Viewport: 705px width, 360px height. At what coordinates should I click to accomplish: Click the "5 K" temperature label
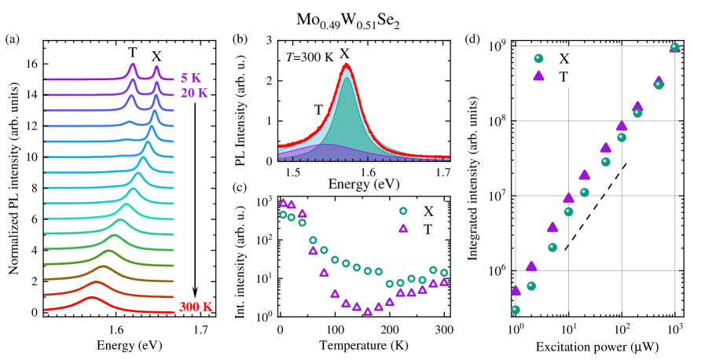[190, 79]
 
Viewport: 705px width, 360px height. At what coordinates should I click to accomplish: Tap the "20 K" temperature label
[194, 93]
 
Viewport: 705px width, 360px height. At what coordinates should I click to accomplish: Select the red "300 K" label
[196, 307]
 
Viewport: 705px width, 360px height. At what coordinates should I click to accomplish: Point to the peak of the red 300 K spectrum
[92, 297]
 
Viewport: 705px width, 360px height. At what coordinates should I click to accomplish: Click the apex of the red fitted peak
[346, 64]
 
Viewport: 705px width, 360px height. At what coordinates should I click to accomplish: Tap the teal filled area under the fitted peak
[346, 118]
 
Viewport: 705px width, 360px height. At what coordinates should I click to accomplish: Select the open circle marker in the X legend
[403, 211]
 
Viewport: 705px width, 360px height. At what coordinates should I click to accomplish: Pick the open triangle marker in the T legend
[403, 229]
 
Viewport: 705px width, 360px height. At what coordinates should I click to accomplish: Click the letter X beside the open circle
[428, 211]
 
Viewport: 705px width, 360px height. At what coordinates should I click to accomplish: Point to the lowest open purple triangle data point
[367, 311]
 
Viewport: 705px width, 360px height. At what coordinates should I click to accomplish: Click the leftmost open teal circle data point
[283, 215]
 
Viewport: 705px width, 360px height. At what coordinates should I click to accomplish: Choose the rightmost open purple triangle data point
[444, 281]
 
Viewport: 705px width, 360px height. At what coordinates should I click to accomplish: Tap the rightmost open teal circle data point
[444, 273]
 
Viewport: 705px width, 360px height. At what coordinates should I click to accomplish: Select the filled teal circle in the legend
[538, 58]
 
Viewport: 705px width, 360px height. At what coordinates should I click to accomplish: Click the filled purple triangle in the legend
[538, 75]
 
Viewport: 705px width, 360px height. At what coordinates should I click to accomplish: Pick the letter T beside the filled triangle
[564, 76]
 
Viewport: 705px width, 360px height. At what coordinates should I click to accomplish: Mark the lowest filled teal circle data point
[516, 310]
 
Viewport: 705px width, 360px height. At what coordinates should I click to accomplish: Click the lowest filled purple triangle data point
[516, 290]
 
